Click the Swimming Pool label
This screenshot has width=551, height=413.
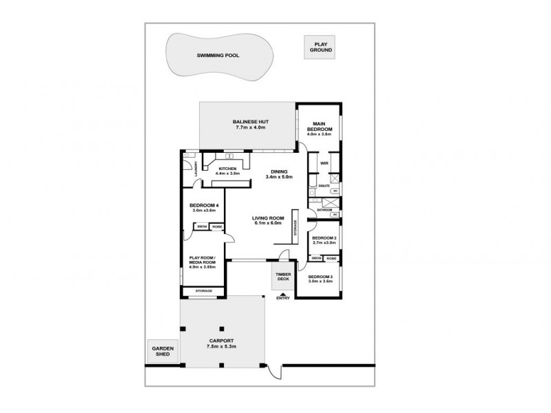coord(218,55)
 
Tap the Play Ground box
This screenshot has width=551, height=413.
coord(320,47)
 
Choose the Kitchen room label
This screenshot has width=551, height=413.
coord(227,169)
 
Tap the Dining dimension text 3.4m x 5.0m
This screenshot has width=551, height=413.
coord(279,177)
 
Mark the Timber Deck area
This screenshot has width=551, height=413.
coord(283,276)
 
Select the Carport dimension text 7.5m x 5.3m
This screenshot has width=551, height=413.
coord(222,347)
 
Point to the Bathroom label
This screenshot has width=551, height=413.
coord(324,209)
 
